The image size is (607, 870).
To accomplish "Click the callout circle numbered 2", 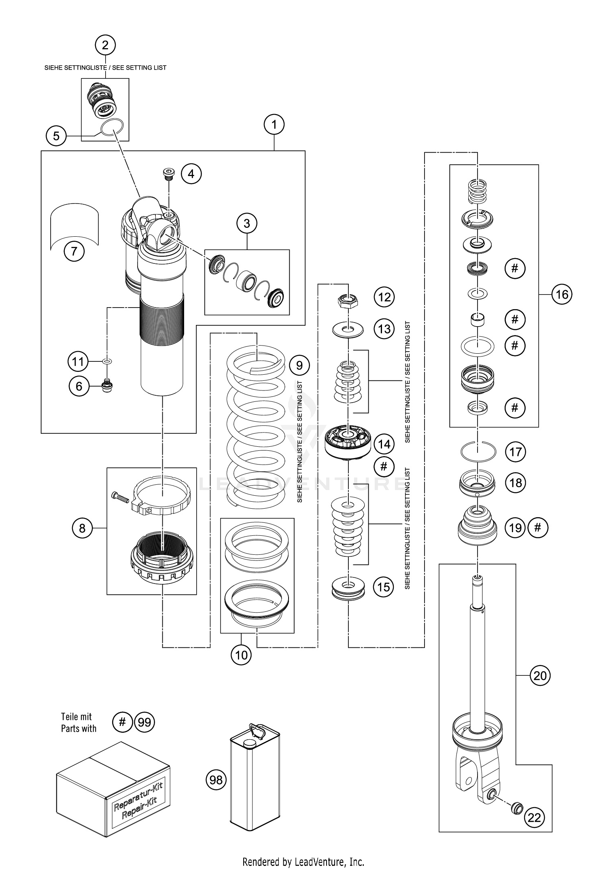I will [105, 45].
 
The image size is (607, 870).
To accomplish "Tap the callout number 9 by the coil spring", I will [299, 366].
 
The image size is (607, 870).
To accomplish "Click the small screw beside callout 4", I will [168, 174].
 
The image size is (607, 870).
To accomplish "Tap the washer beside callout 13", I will [348, 330].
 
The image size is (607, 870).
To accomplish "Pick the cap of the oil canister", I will [250, 744].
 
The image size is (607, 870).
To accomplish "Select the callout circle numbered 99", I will [144, 722].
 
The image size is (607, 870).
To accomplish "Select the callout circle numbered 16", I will [562, 294].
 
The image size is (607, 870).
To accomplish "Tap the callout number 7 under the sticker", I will [74, 252].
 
